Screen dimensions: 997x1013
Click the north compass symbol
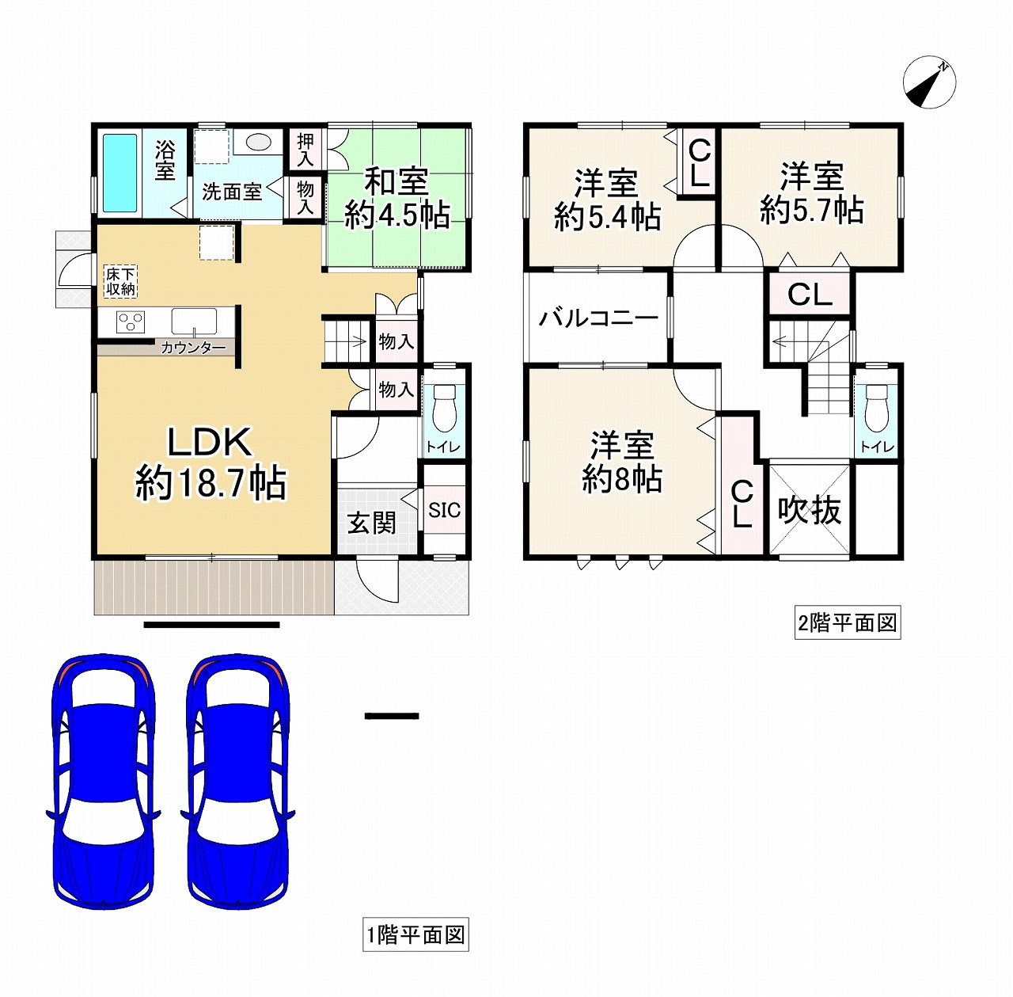click(929, 82)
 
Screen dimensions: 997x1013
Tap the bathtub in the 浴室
click(120, 173)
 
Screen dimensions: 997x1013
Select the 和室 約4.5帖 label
click(396, 198)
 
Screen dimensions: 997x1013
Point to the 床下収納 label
click(121, 281)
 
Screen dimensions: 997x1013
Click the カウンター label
click(193, 348)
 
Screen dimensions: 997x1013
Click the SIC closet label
click(444, 510)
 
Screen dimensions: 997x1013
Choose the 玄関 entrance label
click(371, 523)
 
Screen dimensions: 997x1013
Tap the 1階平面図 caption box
click(415, 935)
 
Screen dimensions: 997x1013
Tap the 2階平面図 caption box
click(847, 623)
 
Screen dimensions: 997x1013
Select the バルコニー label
click(598, 319)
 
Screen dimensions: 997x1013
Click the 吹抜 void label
click(809, 510)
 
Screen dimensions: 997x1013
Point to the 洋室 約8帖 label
click(622, 462)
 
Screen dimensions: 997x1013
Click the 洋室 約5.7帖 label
click(811, 193)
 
